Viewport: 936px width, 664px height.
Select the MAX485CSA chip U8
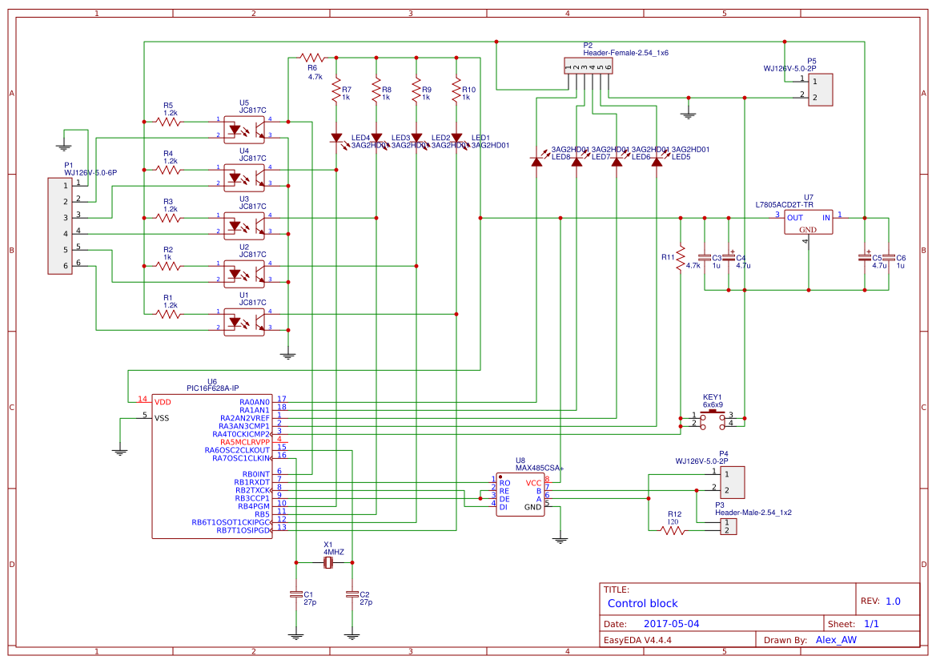tap(520, 496)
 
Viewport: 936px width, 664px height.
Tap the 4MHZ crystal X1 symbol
tap(328, 563)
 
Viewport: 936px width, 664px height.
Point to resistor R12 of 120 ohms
tap(673, 530)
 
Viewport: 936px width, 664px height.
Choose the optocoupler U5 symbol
tap(244, 128)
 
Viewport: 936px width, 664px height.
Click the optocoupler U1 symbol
tap(244, 320)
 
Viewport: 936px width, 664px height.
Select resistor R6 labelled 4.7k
tap(311, 58)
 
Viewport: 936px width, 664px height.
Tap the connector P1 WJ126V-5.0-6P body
tap(60, 226)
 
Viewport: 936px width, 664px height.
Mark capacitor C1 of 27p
tap(296, 594)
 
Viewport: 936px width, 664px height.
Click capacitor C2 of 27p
tap(352, 594)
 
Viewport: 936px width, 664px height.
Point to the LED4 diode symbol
tap(336, 138)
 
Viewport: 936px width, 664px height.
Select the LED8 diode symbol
tap(536, 162)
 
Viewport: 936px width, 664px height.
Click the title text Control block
tap(642, 603)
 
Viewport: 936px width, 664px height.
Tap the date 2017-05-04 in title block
tap(672, 623)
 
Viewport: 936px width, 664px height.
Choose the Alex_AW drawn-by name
tap(835, 640)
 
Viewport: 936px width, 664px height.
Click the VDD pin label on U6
tap(163, 401)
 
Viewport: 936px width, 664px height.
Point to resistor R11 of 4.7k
tap(680, 258)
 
